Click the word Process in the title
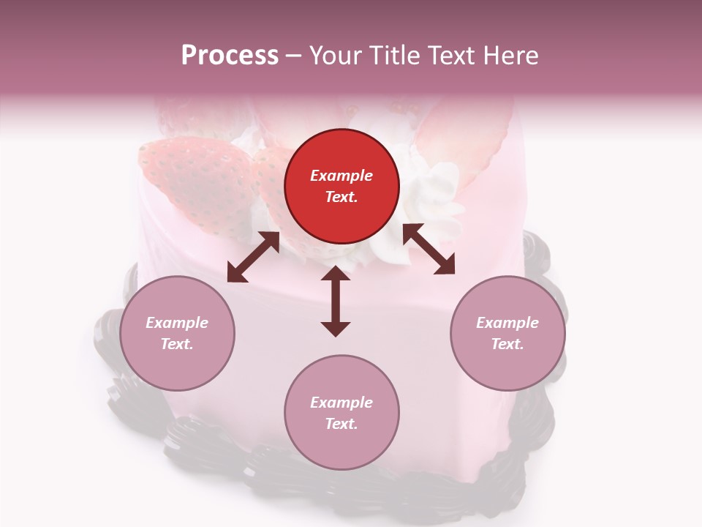pos(230,56)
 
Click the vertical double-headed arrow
pos(336,301)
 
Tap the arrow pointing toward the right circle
pos(429,250)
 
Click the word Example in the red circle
pos(341,176)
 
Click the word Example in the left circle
pos(177,323)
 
